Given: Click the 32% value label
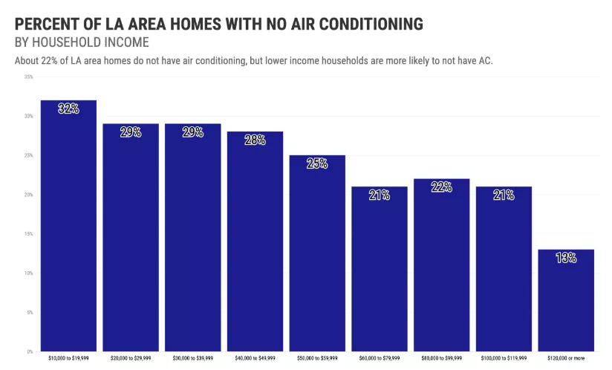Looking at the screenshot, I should point(68,108).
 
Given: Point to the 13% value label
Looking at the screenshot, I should point(566,258).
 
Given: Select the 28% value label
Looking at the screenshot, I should point(255,140).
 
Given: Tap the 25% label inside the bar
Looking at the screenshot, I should point(317,163).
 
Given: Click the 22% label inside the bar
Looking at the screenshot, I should point(441,187).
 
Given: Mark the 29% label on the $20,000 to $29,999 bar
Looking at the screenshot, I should point(131,132).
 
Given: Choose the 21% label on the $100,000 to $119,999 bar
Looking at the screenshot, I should point(504,195).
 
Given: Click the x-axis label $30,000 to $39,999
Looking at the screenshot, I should point(192,358).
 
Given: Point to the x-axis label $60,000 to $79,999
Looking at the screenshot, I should point(379,358).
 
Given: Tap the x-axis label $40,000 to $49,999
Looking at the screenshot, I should point(255,358).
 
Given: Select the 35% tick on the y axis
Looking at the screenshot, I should point(28,77).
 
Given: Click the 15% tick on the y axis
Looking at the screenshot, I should point(28,234).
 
